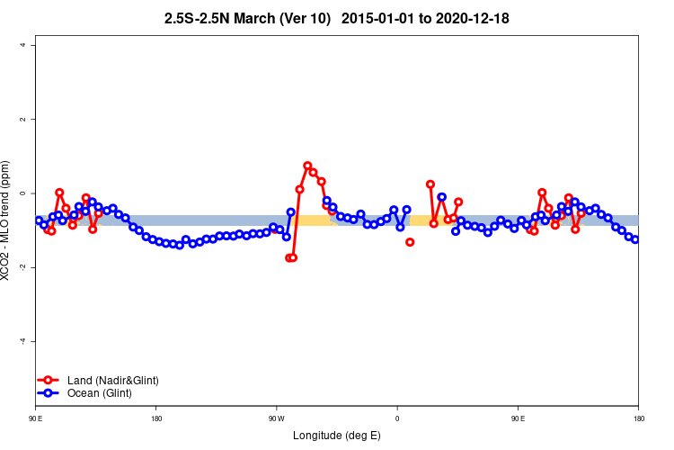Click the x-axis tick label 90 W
[276, 418]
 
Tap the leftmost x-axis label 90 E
[35, 418]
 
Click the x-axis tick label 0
[397, 418]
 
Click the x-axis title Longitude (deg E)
[337, 436]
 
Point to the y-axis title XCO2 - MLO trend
[8, 220]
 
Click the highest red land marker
[307, 166]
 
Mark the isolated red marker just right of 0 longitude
[410, 242]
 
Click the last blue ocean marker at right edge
[635, 239]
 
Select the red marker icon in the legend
[49, 381]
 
